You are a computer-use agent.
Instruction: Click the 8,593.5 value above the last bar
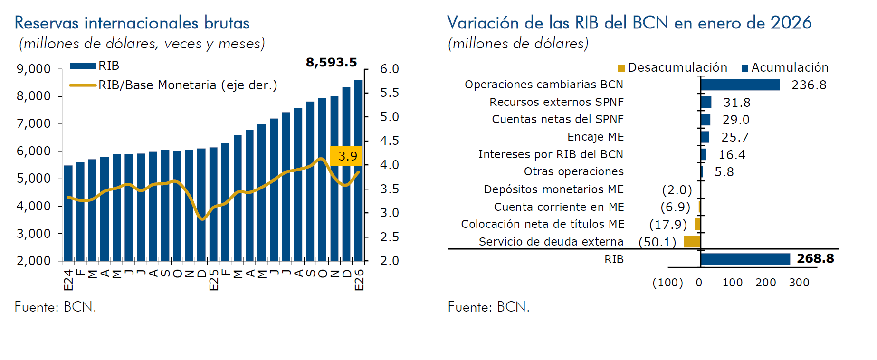point(331,62)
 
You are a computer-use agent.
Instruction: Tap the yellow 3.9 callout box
point(346,156)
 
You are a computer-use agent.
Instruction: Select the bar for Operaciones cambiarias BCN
point(740,85)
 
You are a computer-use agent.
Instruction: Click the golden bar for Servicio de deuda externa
point(692,242)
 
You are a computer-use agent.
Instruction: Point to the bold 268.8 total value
point(815,258)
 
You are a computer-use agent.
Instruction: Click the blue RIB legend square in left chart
point(83,66)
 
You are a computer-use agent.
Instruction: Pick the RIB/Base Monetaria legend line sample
point(83,85)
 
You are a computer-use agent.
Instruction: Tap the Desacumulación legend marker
point(621,68)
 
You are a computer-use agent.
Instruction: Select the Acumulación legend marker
point(745,68)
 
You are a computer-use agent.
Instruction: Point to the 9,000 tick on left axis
point(34,69)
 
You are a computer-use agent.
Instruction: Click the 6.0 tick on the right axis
point(389,69)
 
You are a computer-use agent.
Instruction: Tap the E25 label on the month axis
point(214,280)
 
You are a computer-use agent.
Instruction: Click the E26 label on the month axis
point(359,280)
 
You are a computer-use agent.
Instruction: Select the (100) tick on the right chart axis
point(667,283)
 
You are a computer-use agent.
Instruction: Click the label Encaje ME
point(595,137)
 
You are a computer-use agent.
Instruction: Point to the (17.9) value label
point(668,224)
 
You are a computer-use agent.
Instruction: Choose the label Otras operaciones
point(573,171)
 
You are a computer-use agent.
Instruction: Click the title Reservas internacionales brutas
point(132,23)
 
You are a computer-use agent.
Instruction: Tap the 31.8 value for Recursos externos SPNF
point(736,103)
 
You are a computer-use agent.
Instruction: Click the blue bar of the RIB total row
point(745,259)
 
